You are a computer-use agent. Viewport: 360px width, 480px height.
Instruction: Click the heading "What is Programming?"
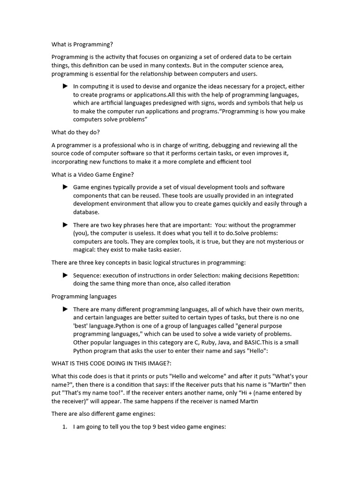(82, 45)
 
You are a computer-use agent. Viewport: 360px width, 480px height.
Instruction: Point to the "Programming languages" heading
(84, 296)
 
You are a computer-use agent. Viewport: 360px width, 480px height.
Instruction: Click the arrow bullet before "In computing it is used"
(65, 86)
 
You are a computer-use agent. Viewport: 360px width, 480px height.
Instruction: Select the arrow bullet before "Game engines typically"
(65, 187)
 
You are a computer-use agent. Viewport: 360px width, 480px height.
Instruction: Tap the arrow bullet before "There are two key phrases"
(65, 225)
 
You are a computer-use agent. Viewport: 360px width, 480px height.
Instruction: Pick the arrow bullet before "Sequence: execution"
(65, 275)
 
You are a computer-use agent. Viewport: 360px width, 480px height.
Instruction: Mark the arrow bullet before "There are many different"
(65, 309)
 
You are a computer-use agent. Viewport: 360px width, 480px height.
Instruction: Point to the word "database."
(86, 212)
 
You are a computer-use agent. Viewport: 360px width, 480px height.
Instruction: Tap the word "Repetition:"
(282, 275)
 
